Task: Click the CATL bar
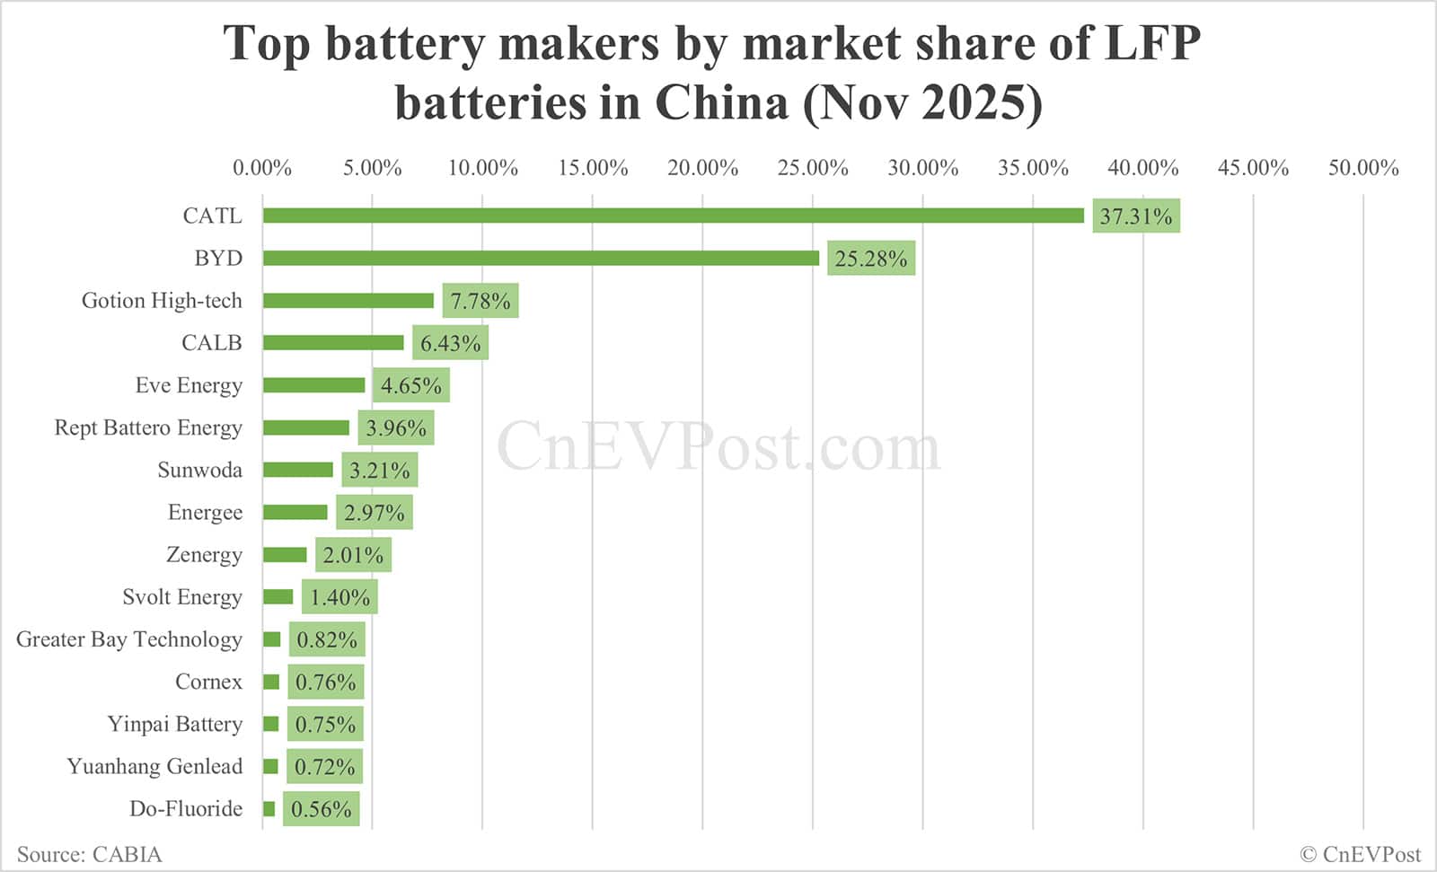point(674,216)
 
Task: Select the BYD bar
point(541,259)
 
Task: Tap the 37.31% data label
point(1136,216)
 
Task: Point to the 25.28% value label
point(871,259)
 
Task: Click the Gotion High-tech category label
point(162,301)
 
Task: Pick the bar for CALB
point(333,343)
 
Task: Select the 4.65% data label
point(411,386)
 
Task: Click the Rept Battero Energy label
point(148,427)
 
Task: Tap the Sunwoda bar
point(298,470)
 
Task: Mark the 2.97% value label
point(375,513)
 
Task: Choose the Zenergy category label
point(204,555)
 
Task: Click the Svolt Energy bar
point(278,597)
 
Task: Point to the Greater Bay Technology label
point(129,639)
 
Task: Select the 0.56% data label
point(322,809)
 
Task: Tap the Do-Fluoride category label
point(186,809)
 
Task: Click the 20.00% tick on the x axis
point(702,168)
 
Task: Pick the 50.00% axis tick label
point(1363,168)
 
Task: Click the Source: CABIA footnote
point(90,854)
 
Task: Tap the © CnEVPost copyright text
point(1360,854)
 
